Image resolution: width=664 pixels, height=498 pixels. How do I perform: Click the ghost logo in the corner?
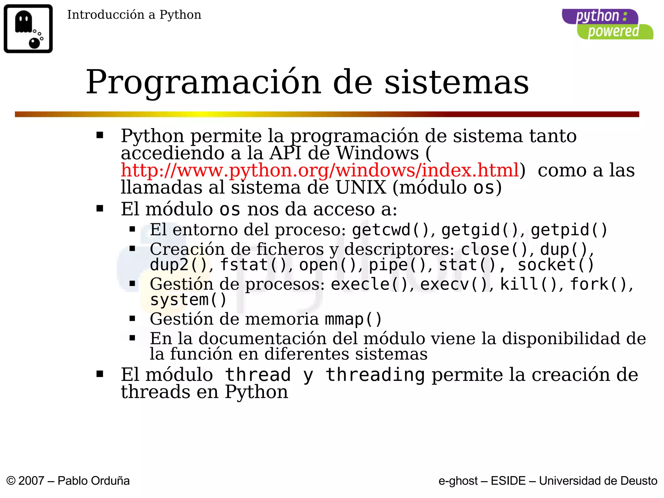[28, 29]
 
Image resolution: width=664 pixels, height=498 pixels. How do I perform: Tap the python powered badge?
[607, 24]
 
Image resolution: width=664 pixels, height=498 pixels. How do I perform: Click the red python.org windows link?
[320, 170]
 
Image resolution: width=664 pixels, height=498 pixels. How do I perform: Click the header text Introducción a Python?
[134, 15]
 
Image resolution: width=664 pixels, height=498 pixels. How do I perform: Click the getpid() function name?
[569, 230]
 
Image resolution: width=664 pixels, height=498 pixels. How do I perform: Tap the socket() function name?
[556, 265]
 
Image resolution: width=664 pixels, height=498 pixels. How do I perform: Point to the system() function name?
[188, 299]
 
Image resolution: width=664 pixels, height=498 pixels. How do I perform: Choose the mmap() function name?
[353, 319]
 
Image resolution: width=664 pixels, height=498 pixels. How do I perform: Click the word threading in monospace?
[375, 375]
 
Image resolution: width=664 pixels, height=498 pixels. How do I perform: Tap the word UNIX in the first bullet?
[361, 187]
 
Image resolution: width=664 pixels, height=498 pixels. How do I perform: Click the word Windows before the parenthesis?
[377, 153]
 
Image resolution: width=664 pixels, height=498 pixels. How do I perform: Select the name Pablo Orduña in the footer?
[93, 480]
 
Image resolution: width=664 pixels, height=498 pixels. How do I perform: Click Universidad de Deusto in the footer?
[598, 480]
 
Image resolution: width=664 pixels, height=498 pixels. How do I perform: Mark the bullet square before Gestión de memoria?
[132, 318]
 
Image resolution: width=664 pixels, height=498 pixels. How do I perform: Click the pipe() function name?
[397, 265]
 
